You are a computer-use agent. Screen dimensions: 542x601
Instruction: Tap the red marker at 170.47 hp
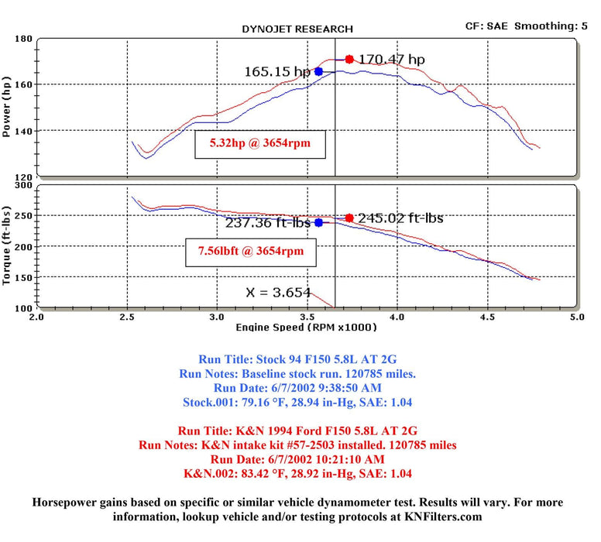(349, 59)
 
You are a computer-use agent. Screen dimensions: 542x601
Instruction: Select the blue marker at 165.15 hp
(318, 71)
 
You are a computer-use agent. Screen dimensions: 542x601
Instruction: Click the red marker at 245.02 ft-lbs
(349, 218)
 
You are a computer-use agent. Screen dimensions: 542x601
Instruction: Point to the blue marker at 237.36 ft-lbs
(318, 223)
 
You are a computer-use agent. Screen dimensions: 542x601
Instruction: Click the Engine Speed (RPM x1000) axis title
(307, 327)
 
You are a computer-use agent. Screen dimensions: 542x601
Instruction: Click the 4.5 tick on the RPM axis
(486, 317)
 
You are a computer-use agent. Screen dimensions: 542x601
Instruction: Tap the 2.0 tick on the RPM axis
(36, 317)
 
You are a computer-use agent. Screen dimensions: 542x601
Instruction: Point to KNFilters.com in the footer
(443, 516)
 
